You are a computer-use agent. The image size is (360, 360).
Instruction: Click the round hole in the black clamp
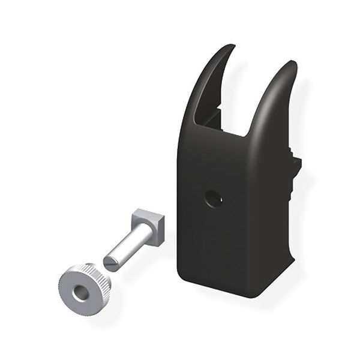click(213, 198)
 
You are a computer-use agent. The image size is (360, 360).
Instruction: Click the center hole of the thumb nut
click(79, 293)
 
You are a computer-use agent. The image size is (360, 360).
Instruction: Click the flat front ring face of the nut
click(70, 288)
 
